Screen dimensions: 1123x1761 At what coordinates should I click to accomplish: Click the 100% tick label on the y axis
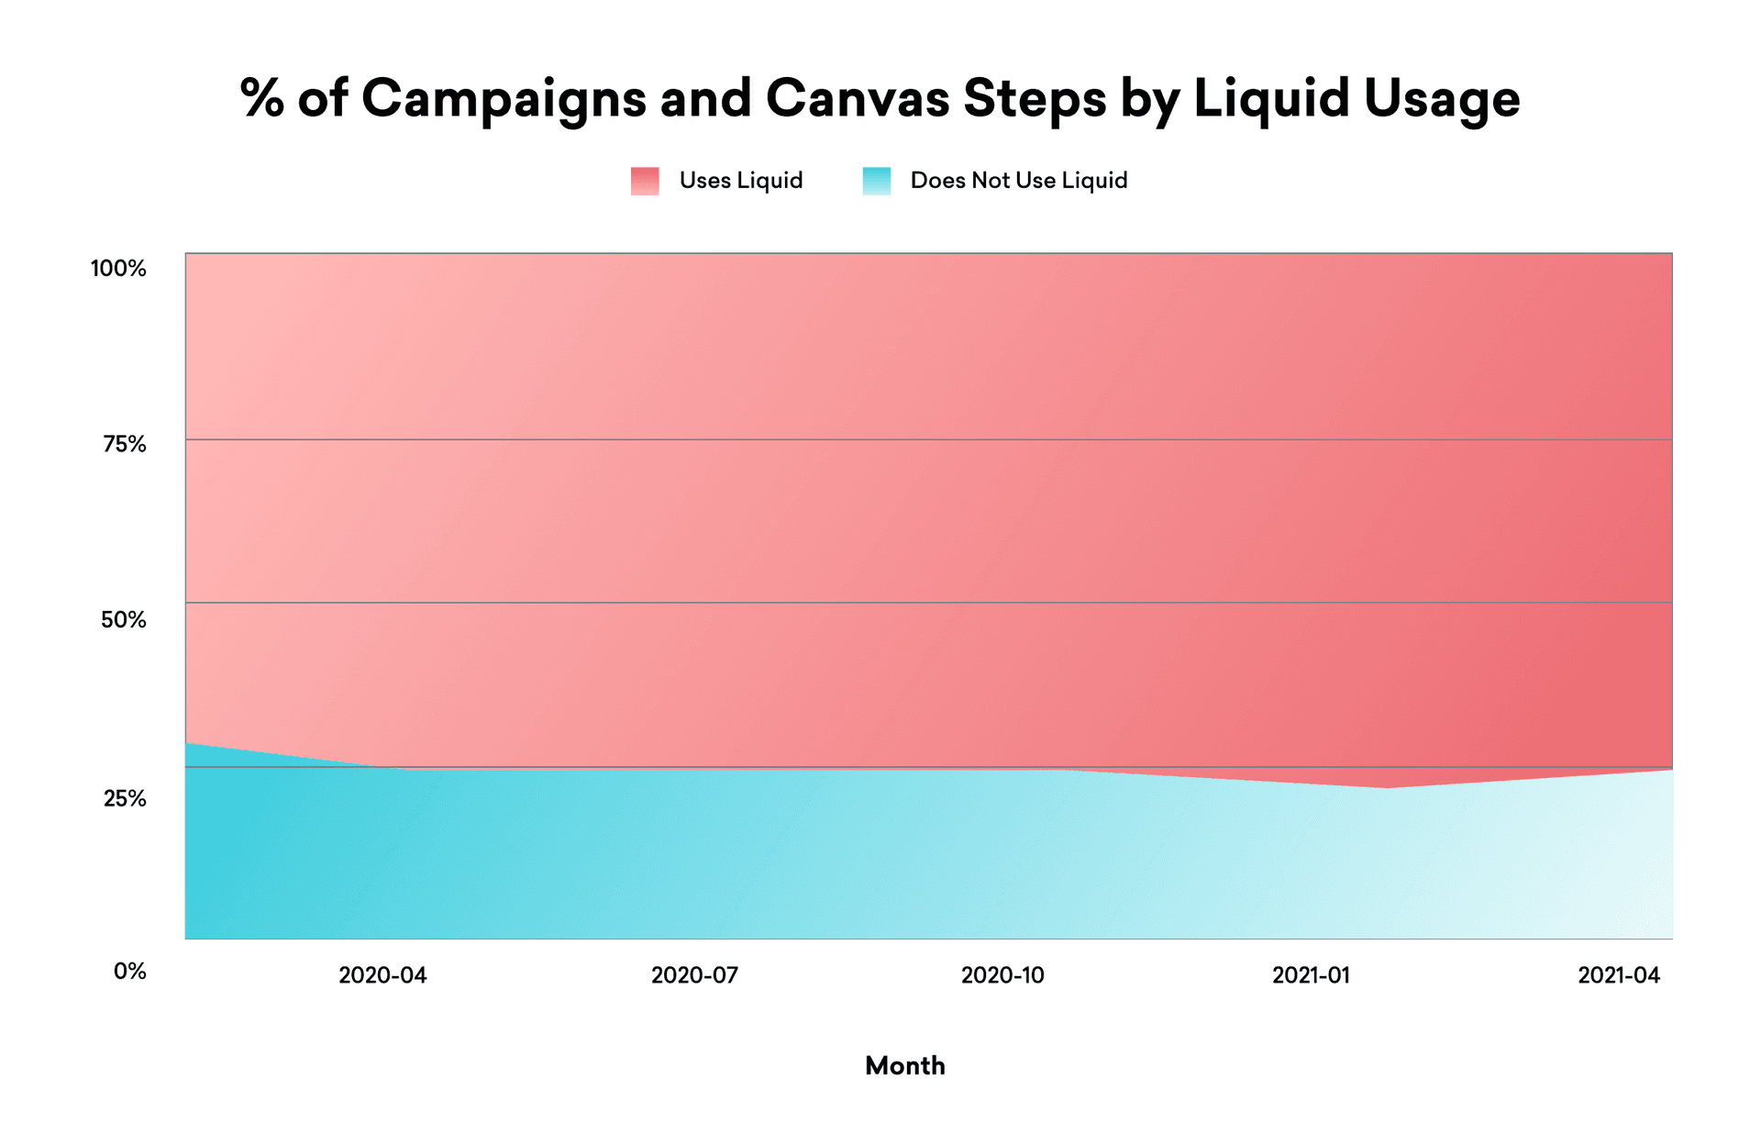click(x=118, y=269)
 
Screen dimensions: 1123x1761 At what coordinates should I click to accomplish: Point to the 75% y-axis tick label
click(x=124, y=445)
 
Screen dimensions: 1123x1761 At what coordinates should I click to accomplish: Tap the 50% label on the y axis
click(x=123, y=620)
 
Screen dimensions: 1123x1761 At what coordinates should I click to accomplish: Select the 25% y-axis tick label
click(x=124, y=798)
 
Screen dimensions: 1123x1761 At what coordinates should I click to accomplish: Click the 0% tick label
click(x=129, y=971)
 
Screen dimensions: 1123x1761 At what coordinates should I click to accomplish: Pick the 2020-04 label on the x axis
click(x=382, y=975)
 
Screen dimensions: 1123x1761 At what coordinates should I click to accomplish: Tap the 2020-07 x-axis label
click(x=694, y=975)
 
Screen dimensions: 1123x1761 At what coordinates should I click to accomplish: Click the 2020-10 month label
click(x=1002, y=975)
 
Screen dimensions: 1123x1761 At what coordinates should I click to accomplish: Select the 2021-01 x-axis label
click(x=1311, y=975)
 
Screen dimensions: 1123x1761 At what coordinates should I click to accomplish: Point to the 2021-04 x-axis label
click(x=1619, y=975)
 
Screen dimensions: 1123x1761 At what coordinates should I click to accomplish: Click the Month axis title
click(x=904, y=1065)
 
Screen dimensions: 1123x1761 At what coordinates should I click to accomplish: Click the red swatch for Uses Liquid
click(x=645, y=181)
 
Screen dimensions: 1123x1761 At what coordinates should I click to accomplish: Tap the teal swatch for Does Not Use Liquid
click(x=876, y=181)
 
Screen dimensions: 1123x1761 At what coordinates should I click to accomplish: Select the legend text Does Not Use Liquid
click(x=1018, y=181)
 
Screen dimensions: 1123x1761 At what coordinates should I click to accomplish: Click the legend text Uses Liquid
click(x=740, y=181)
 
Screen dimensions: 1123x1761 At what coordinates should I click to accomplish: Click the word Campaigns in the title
click(x=504, y=99)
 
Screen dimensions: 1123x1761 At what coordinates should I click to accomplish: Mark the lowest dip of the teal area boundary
click(x=1389, y=787)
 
